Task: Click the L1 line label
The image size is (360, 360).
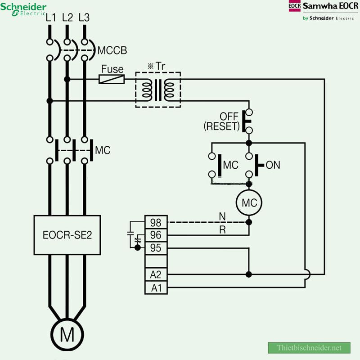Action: (x=51, y=18)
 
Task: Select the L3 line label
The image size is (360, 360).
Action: (x=84, y=18)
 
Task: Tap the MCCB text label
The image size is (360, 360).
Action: (x=112, y=50)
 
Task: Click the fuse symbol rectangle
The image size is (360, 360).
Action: (x=112, y=79)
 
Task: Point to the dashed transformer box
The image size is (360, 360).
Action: (x=158, y=90)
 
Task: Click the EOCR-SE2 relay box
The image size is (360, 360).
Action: (x=67, y=235)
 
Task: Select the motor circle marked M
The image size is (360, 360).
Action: (x=67, y=334)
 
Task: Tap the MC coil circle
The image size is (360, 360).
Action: (x=249, y=202)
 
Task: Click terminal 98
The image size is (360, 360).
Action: (x=156, y=222)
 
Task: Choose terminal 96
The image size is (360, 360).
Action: (x=156, y=235)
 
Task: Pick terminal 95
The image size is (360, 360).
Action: (x=156, y=248)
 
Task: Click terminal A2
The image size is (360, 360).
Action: (x=156, y=274)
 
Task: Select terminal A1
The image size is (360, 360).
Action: (x=156, y=287)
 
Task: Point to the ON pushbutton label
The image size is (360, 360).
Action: (x=273, y=165)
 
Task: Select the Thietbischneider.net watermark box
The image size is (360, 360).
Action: (x=309, y=348)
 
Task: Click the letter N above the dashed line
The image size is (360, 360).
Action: (x=222, y=216)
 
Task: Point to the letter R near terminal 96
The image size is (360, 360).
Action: (x=222, y=229)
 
